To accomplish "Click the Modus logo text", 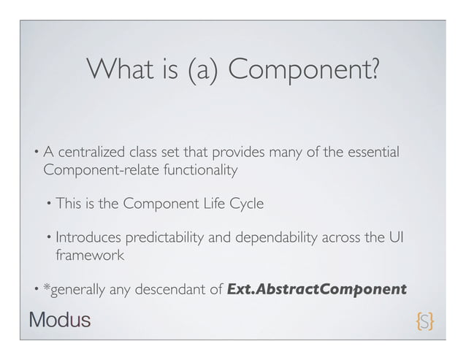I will [59, 319].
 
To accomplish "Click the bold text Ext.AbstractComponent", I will [317, 288].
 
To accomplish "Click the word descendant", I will [175, 289].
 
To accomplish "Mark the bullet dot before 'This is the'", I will [48, 204].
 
